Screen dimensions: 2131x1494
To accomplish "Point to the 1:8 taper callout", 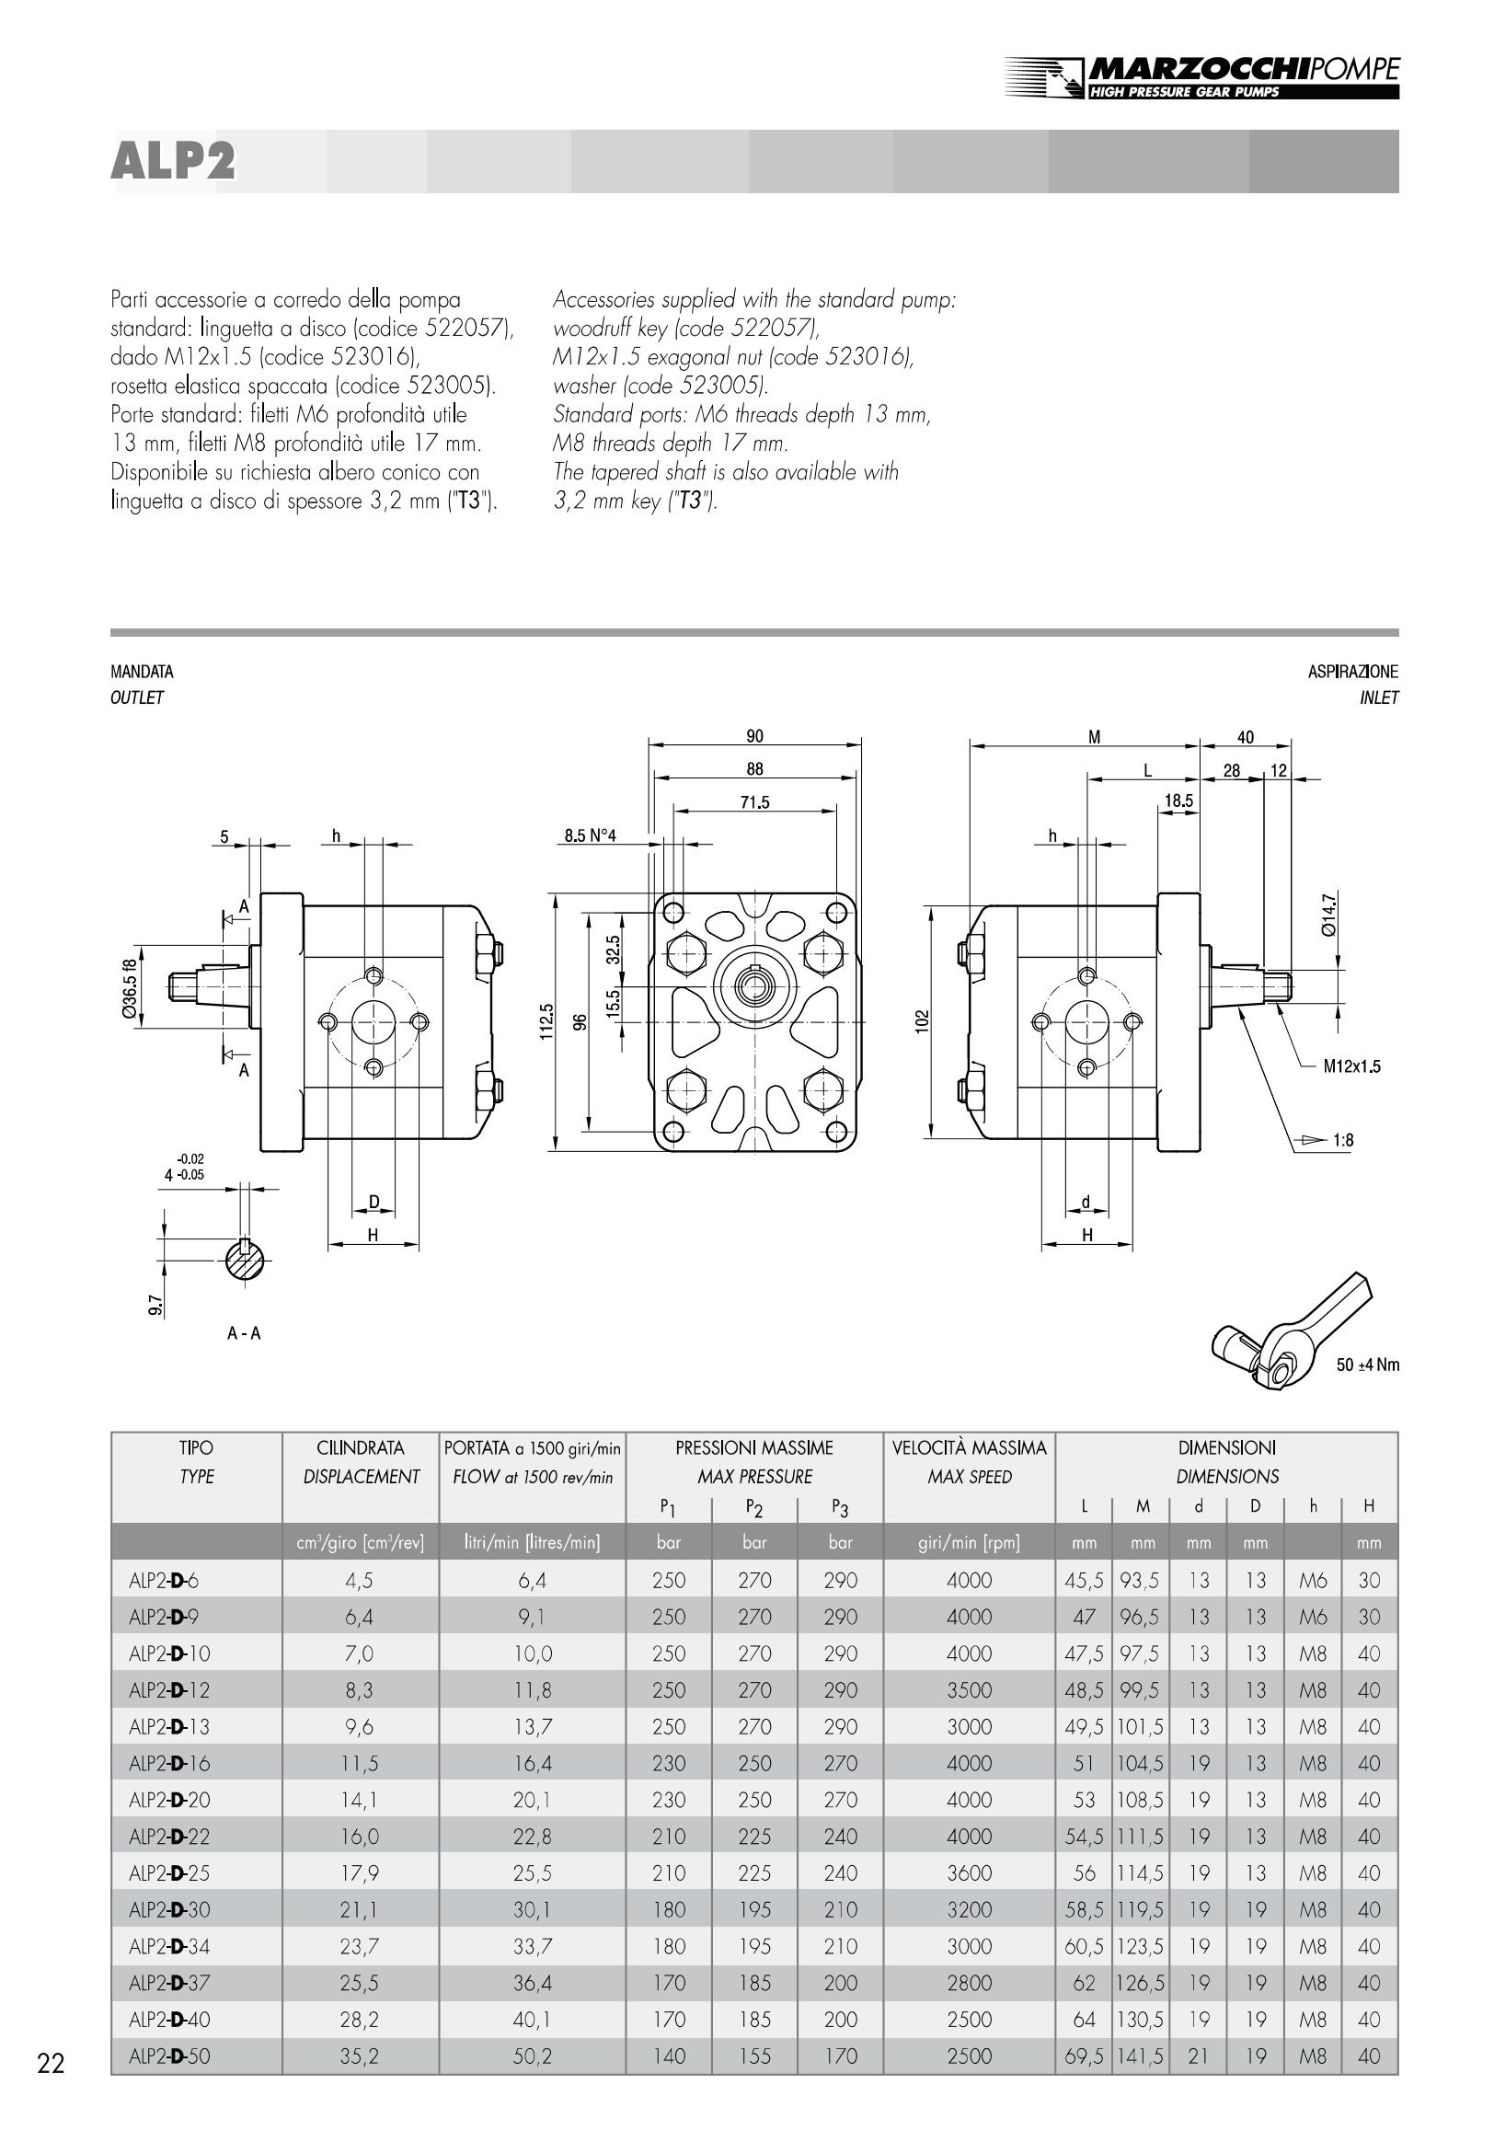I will point(1343,1140).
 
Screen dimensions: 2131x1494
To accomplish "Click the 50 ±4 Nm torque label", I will point(1367,1365).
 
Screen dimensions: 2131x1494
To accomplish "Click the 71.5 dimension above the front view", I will point(754,802).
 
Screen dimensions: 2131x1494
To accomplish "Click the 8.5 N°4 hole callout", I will point(591,835).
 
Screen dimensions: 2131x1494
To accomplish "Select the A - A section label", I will point(244,1334).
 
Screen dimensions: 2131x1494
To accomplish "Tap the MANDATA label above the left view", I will point(142,672).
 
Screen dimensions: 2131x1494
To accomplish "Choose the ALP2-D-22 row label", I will point(170,1836).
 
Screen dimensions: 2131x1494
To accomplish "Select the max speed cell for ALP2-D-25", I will point(969,1873).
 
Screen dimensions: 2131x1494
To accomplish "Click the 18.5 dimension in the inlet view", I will point(1178,801).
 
